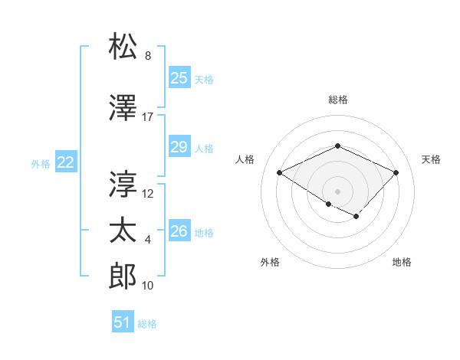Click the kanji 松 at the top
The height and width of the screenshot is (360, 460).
123,47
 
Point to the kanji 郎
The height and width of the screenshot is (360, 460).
123,277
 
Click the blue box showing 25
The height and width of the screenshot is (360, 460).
179,77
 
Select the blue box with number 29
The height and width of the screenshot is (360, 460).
179,147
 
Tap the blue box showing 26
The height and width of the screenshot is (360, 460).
179,231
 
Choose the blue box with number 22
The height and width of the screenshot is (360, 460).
66,162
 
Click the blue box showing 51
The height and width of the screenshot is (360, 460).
123,322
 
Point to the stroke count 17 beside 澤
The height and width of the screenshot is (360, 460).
148,117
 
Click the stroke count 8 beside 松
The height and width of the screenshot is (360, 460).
148,57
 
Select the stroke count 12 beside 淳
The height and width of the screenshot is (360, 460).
148,193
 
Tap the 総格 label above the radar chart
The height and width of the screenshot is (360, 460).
337,100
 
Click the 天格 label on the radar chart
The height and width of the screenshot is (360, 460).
432,159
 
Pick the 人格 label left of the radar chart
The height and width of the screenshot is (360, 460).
245,159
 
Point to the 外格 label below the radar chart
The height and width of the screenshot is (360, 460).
270,263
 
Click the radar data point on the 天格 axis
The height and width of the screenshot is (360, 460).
396,172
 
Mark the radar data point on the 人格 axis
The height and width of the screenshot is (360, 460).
280,172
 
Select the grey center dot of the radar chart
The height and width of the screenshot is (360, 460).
337,190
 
